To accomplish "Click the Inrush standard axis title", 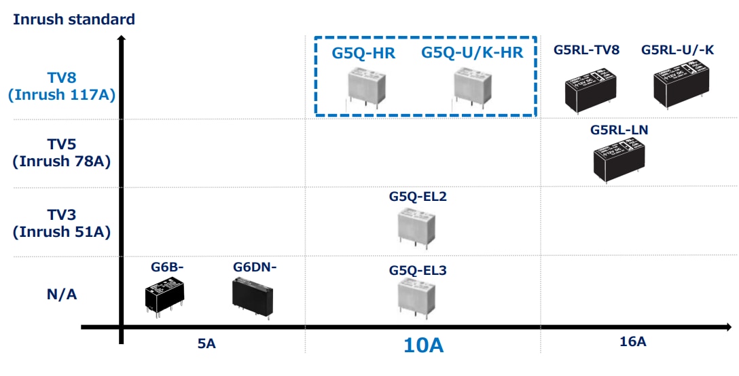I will pyautogui.click(x=74, y=19).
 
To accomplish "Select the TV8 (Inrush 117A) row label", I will pyautogui.click(x=62, y=86).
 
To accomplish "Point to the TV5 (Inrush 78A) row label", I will pyautogui.click(x=62, y=153).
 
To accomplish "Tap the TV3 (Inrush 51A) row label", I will pyautogui.click(x=62, y=223).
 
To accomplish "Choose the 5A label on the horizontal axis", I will pyautogui.click(x=206, y=343).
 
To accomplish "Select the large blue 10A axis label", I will pyautogui.click(x=423, y=345).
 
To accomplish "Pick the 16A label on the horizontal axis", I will pyautogui.click(x=633, y=341).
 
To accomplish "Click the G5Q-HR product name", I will pyautogui.click(x=363, y=54).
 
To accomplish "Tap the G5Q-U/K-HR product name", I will pyautogui.click(x=473, y=54).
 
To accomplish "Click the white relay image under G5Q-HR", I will pyautogui.click(x=367, y=86).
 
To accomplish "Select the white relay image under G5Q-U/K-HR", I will pyautogui.click(x=473, y=87).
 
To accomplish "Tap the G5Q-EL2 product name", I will pyautogui.click(x=418, y=196).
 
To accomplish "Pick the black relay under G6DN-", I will pyautogui.click(x=253, y=298).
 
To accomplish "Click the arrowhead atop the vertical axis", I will pyautogui.click(x=121, y=39).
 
